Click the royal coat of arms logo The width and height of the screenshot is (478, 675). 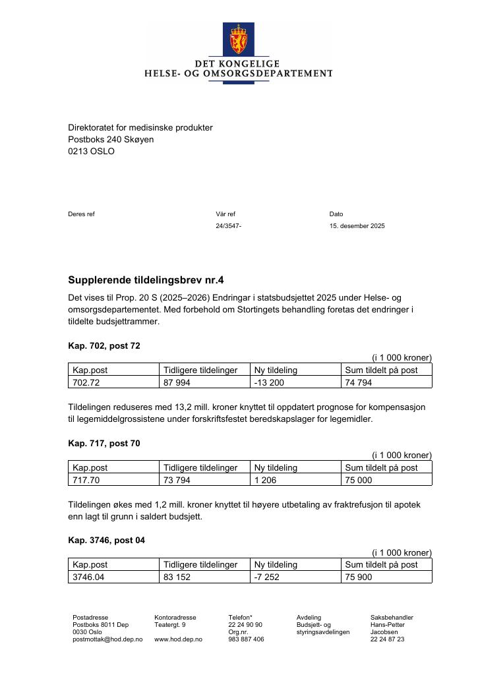click(x=238, y=40)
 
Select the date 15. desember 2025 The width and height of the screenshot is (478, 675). click(x=357, y=226)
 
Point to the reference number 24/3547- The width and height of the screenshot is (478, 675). click(x=228, y=226)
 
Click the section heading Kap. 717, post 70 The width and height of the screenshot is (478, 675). click(x=104, y=444)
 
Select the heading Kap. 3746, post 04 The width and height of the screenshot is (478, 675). click(x=106, y=541)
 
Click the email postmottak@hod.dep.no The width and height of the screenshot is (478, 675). click(x=107, y=639)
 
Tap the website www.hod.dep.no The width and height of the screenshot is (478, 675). click(x=178, y=639)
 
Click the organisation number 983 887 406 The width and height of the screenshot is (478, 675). click(x=246, y=639)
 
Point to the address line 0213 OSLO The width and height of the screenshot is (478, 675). click(x=91, y=152)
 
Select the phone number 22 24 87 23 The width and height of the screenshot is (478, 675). click(x=387, y=639)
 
